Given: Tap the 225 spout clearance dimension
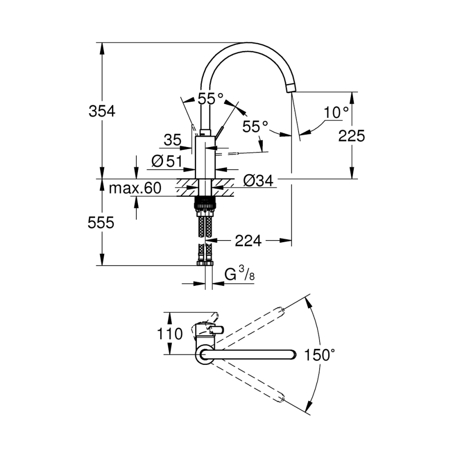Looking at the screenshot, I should [x=351, y=135].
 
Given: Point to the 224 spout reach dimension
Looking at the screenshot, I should [x=248, y=242].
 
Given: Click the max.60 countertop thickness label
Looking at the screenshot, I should [x=135, y=189].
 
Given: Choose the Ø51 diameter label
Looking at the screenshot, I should [x=167, y=161].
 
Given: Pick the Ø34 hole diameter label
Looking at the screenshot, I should [x=258, y=180].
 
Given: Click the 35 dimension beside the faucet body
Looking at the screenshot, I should [x=172, y=140].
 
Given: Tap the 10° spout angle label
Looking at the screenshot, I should [x=336, y=113].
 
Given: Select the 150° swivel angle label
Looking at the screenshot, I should [x=319, y=355].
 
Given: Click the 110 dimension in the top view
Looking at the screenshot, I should [x=170, y=334].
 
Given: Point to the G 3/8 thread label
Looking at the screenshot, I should [x=237, y=275].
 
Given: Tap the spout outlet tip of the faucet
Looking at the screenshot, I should [x=291, y=89].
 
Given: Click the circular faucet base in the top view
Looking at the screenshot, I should [x=205, y=355].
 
